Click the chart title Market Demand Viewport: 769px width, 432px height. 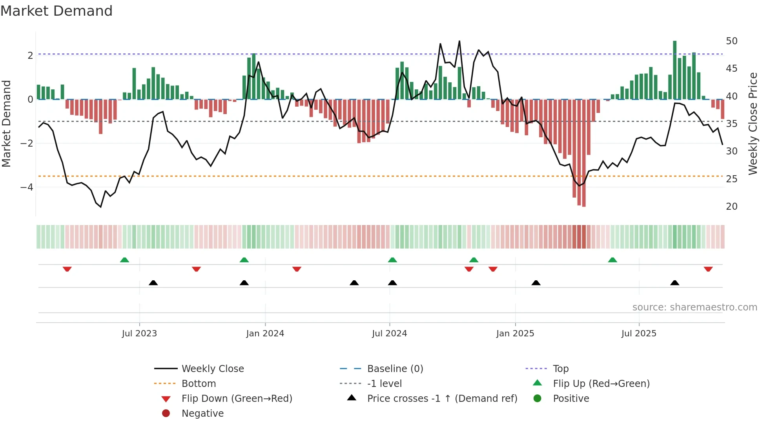[56, 11]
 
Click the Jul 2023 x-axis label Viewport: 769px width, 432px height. [139, 334]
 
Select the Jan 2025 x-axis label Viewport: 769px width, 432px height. [515, 334]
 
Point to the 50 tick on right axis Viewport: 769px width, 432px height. [731, 41]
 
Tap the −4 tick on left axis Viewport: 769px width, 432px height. [27, 187]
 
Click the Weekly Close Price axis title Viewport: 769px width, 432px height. [753, 123]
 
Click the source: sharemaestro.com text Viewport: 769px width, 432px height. [694, 307]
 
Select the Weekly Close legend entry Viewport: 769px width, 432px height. [212, 369]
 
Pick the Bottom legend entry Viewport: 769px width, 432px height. [199, 384]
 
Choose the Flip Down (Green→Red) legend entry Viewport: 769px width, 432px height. [237, 399]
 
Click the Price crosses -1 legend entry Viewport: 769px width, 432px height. [442, 399]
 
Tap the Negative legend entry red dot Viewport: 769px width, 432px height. [166, 414]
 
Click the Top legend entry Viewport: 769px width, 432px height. [560, 369]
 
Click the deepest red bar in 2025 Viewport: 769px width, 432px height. [584, 153]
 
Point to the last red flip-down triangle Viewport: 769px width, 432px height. [708, 269]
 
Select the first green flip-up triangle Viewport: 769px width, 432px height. [124, 260]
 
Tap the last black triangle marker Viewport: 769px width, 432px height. [674, 283]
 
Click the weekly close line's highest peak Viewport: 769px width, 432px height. [459, 41]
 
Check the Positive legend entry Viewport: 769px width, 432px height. [570, 399]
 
